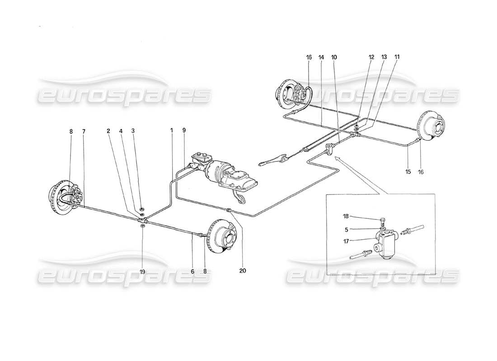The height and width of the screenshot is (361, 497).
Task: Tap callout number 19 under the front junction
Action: pos(143,272)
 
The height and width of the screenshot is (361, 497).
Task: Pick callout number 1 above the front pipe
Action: pos(172,131)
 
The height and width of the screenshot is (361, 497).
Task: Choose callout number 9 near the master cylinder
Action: pos(185,131)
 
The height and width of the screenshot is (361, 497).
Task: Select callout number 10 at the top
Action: pos(334,58)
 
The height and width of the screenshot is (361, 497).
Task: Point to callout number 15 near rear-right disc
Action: pos(408,172)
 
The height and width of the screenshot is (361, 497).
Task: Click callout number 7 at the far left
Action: pos(84,131)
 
